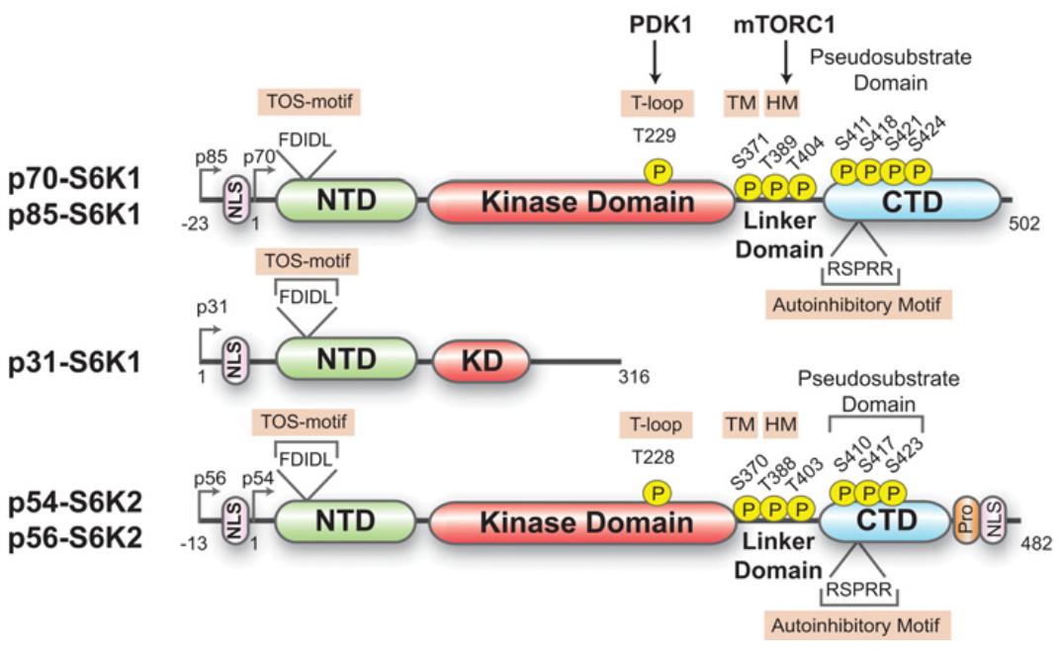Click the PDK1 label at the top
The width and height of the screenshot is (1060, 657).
(655, 21)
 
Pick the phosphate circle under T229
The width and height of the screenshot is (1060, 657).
(657, 170)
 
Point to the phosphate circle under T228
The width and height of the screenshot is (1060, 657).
(655, 492)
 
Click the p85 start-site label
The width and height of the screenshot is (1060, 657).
(211, 155)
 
